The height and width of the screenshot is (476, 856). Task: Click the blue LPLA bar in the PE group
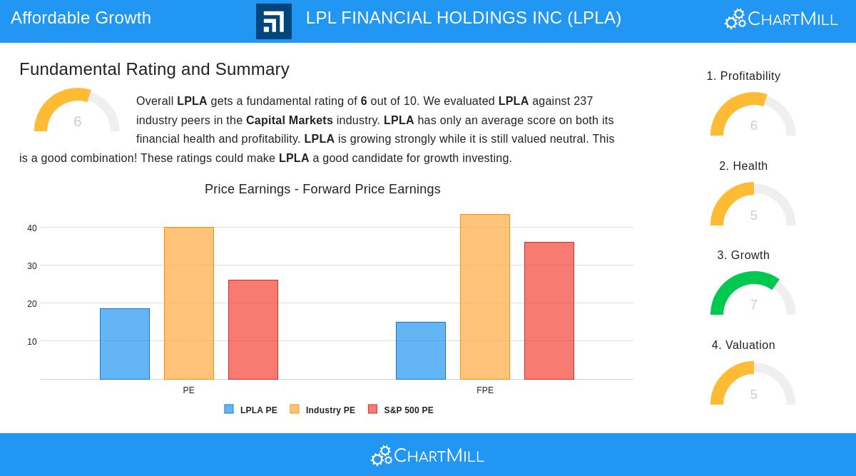125,344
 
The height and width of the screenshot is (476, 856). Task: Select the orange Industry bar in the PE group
189,303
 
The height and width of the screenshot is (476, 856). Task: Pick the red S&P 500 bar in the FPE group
549,310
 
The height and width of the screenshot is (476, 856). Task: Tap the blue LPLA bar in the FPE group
421,350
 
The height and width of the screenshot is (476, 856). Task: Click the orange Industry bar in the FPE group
485,297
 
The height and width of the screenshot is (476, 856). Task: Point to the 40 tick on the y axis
32,228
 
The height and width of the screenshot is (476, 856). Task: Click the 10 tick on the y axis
32,342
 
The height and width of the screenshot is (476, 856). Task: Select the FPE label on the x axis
485,390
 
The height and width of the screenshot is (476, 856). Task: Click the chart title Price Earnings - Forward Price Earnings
322,189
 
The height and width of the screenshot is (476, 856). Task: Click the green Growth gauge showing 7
753,294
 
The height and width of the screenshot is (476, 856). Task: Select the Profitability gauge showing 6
753,115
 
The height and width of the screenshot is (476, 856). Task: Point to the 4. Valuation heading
743,345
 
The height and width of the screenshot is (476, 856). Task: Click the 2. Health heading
743,166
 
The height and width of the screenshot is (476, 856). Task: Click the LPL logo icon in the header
274,21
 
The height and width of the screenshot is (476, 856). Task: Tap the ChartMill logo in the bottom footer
428,455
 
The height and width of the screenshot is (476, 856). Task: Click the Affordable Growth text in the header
81,18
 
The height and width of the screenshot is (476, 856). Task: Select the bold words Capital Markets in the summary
289,121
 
